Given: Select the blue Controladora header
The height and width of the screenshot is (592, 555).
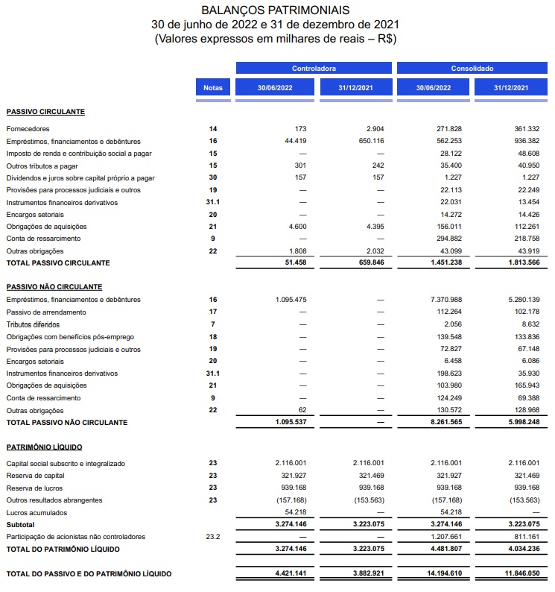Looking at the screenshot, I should [314, 69].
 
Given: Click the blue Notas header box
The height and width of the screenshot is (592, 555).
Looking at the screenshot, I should [212, 88].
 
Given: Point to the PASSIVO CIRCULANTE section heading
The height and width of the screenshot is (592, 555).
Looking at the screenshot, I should [45, 112].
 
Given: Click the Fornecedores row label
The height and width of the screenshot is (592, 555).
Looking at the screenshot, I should [26, 129].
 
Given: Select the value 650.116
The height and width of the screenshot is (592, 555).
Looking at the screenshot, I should [371, 141].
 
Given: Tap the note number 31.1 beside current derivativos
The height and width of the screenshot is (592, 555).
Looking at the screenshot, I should [213, 202].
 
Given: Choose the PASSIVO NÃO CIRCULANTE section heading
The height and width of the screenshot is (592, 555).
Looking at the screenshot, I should [54, 287].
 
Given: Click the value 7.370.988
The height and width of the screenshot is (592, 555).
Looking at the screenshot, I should [445, 300].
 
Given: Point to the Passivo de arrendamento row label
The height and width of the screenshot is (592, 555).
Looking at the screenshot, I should [46, 312].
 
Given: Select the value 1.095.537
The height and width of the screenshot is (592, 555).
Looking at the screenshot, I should [291, 423].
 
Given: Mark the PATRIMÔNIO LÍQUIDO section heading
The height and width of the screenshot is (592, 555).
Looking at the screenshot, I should [44, 447].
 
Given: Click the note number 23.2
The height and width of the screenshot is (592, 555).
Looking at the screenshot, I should [213, 537].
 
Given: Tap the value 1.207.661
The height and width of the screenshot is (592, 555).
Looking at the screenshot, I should [445, 537].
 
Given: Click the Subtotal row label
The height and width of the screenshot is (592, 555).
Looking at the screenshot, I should [19, 525].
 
